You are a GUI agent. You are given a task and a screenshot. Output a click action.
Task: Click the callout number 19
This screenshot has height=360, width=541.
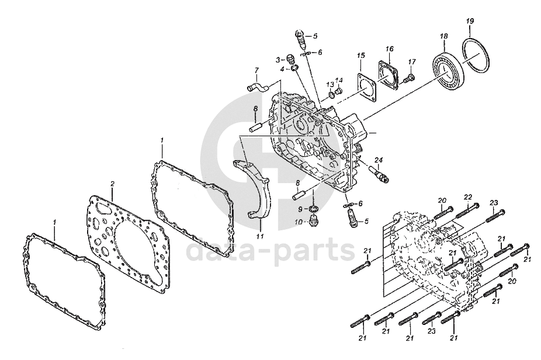pos(470,22)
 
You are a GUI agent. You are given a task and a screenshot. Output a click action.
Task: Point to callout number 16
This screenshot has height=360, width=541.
pos(389,49)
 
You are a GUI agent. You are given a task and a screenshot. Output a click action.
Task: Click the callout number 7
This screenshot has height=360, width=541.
pos(255,71)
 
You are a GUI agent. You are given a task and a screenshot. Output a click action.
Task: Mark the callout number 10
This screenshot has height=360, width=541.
pos(299,222)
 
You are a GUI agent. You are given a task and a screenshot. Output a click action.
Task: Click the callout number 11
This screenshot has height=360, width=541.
pos(259,237)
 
